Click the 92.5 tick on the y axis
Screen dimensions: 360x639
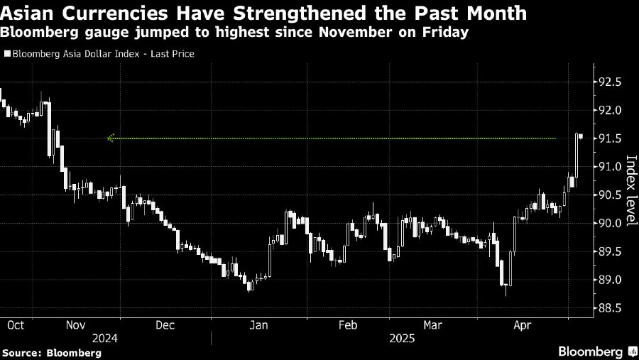[x=611, y=82]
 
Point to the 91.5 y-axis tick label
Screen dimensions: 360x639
[x=611, y=138]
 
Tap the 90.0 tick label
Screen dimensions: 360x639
[x=611, y=224]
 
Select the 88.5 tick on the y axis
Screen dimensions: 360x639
[x=611, y=309]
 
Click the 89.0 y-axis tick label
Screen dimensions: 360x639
[x=611, y=280]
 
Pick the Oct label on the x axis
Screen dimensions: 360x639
[x=16, y=324]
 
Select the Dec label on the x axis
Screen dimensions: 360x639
[x=165, y=324]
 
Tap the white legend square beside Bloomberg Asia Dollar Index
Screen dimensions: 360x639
[x=6, y=53]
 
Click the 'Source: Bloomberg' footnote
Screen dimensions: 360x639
[x=41, y=352]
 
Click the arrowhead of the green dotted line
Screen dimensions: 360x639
[x=110, y=138]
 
